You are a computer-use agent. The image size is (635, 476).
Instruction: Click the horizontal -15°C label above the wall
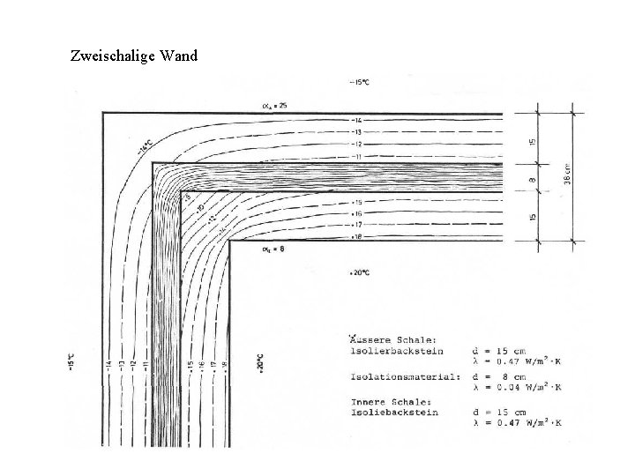(x=361, y=83)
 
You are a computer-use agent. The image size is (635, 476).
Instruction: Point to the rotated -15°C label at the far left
(x=71, y=363)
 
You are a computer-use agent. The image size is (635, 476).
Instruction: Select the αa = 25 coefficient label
(x=274, y=105)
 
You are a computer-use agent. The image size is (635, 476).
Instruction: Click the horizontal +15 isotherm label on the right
(x=357, y=202)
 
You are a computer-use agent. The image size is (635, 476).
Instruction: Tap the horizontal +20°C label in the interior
(x=359, y=272)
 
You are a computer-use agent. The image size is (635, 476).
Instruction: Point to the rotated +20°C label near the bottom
(x=260, y=363)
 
